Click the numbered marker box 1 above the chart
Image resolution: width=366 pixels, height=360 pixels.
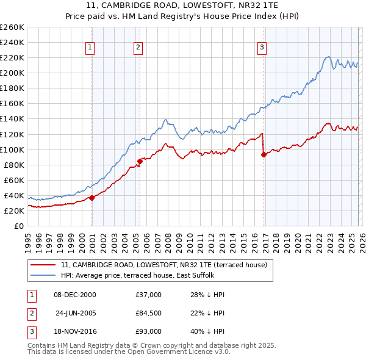pos(90,47)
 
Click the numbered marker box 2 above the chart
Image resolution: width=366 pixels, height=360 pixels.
pos(138,47)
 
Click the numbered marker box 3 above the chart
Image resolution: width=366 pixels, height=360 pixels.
pos(262,47)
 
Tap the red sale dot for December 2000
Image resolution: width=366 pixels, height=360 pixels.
pos(91,198)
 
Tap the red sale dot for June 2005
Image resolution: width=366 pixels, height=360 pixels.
pos(140,161)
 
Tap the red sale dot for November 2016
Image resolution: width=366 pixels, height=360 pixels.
pos(264,154)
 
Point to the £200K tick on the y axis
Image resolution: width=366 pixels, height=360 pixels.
pos(12,73)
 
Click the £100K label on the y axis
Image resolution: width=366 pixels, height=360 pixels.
pos(12,149)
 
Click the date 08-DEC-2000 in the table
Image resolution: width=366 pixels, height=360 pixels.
pos(75,295)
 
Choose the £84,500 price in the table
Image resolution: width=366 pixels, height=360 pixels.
pos(149,313)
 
